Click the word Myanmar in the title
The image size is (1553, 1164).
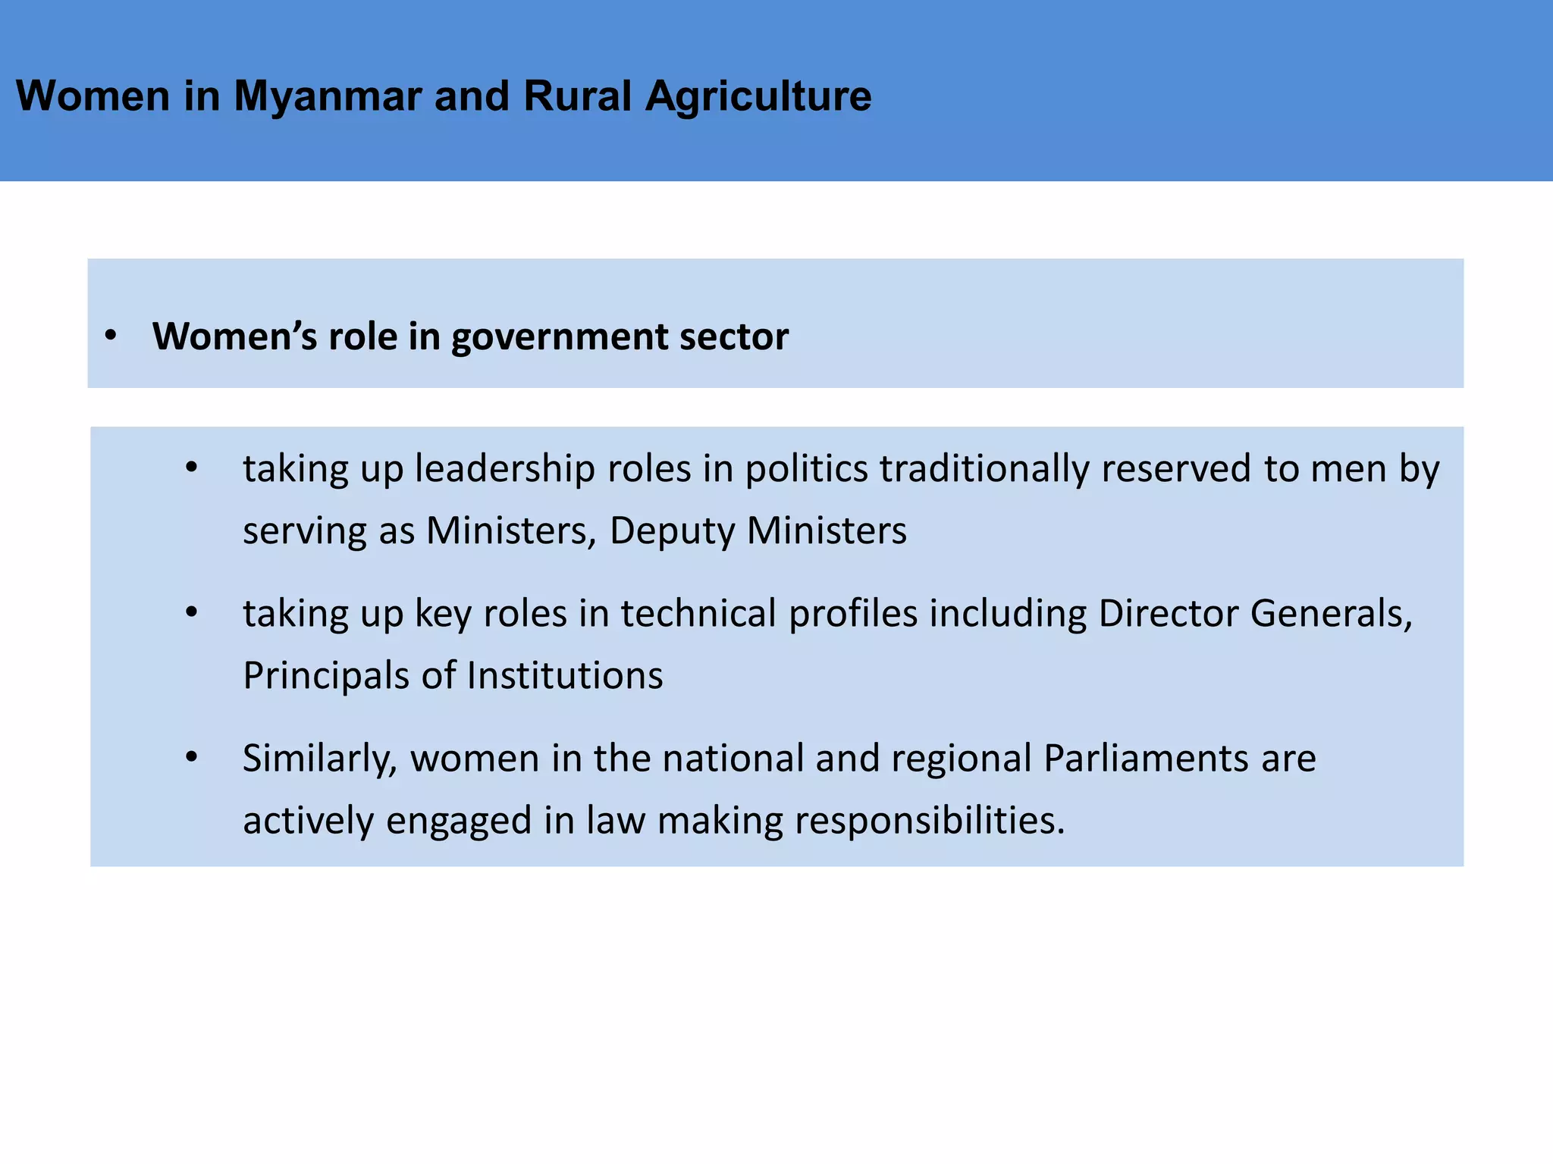[327, 96]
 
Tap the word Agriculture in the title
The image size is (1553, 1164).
[758, 96]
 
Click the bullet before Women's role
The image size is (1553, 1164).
[111, 336]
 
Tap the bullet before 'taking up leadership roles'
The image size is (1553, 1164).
[192, 468]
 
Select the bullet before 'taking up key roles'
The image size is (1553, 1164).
[192, 612]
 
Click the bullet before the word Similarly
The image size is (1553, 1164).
[192, 757]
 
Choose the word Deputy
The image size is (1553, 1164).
[672, 530]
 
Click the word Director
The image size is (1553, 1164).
[1168, 613]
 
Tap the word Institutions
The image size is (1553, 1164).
[565, 675]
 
